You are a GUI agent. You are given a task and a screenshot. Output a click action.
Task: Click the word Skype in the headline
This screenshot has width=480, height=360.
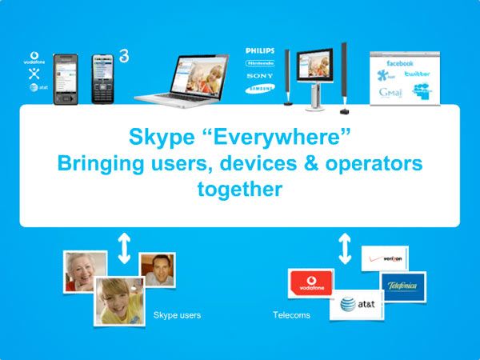click(160, 134)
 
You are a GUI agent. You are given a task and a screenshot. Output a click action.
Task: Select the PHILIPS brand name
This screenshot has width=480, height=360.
click(260, 50)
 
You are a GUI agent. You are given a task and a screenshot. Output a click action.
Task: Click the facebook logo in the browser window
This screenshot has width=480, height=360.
click(399, 62)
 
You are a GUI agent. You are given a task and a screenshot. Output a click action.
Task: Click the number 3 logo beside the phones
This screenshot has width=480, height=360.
click(125, 58)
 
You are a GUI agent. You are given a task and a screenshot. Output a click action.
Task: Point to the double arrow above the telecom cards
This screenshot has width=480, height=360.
click(345, 248)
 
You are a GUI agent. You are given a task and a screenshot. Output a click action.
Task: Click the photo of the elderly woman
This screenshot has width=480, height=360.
click(86, 270)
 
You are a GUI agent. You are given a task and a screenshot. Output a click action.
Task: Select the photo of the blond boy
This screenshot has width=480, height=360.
click(121, 301)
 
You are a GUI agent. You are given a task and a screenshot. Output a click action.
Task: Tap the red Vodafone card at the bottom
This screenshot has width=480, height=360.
click(310, 283)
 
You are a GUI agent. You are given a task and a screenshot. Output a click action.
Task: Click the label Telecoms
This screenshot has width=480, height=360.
click(291, 315)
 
